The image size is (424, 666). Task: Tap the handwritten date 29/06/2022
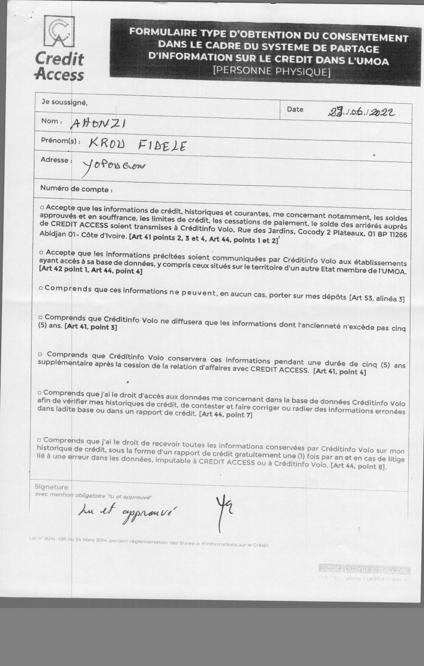click(x=361, y=112)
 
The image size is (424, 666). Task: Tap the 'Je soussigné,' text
click(x=64, y=102)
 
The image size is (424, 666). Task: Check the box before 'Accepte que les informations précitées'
click(x=42, y=252)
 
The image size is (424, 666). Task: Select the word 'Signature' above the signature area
click(x=51, y=487)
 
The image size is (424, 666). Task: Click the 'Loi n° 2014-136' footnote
click(x=149, y=543)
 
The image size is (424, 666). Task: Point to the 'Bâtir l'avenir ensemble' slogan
click(x=364, y=569)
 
